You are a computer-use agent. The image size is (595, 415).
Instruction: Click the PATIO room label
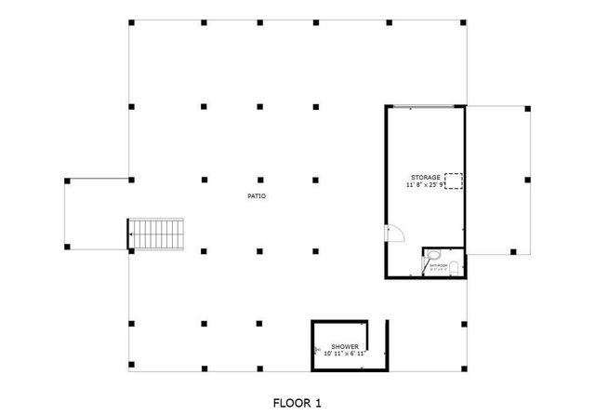coord(257,196)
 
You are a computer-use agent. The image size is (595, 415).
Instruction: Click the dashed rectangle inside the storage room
coord(454,181)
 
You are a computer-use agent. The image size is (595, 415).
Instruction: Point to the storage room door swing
coord(393,236)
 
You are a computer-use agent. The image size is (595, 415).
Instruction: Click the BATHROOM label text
coord(438,266)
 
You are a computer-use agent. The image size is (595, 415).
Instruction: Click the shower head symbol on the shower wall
coord(316,351)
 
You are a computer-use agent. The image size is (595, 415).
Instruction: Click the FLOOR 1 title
coord(297,403)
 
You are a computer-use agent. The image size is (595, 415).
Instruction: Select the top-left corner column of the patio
coord(131,21)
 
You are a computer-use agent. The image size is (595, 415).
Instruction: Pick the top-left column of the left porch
coord(67,180)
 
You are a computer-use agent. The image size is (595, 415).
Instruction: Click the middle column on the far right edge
coord(527,179)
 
